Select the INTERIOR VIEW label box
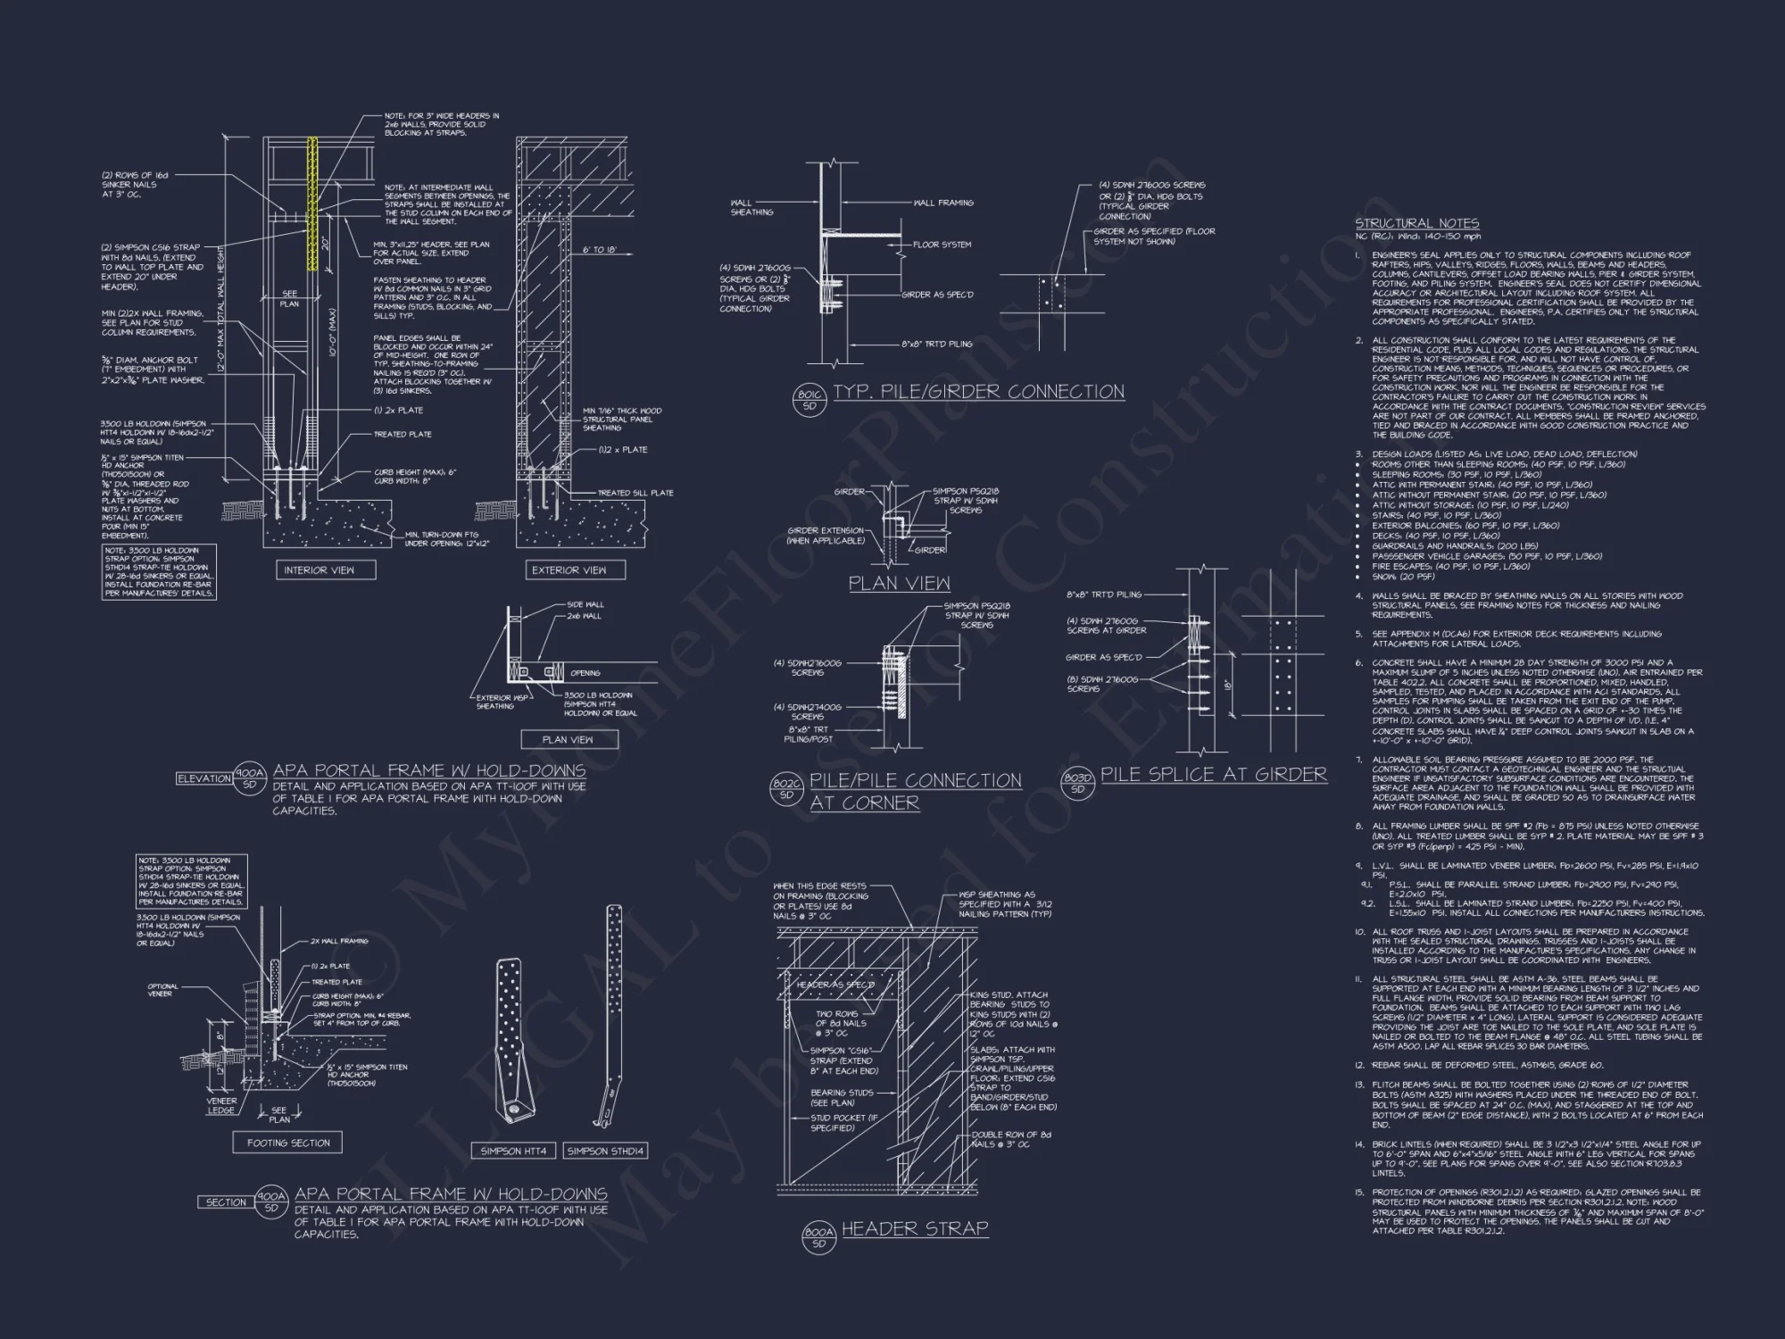[319, 570]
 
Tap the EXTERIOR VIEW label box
[569, 570]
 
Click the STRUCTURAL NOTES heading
[1417, 223]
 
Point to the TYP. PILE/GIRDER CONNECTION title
[978, 392]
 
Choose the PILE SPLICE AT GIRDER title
[1213, 774]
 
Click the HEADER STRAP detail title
[915, 1228]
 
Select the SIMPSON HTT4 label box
[514, 1151]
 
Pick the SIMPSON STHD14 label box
[606, 1151]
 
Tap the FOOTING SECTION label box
[288, 1143]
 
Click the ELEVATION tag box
[204, 778]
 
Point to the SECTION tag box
[226, 1202]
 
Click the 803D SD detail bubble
[1077, 783]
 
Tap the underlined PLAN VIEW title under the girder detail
[899, 584]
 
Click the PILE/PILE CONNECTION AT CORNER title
[915, 791]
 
